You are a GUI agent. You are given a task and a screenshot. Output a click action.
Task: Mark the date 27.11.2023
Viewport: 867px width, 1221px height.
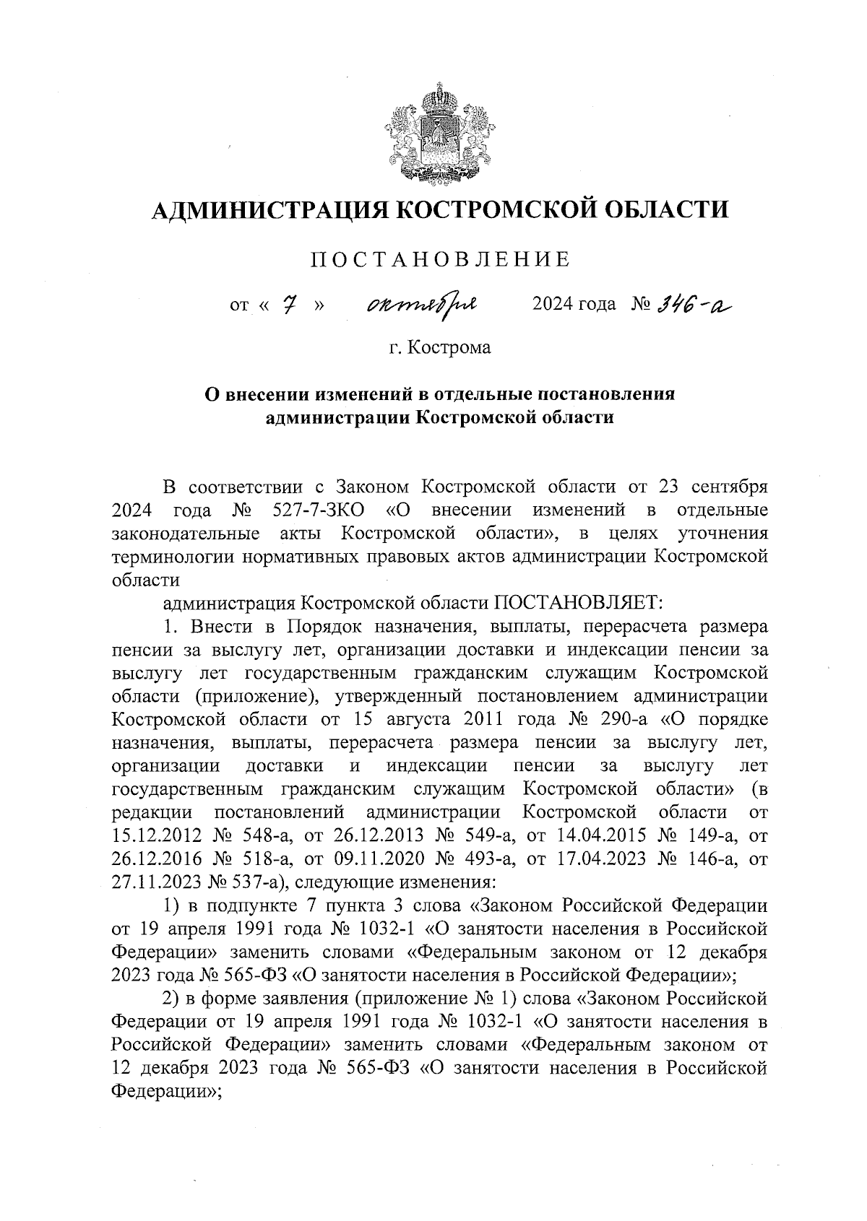[x=155, y=882]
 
